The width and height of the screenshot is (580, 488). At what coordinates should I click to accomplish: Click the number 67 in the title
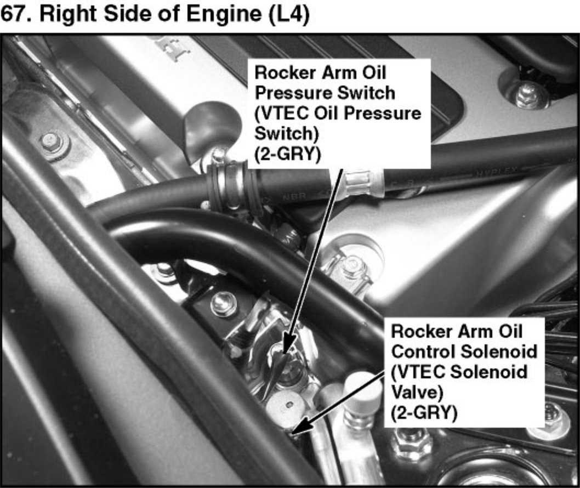tap(12, 14)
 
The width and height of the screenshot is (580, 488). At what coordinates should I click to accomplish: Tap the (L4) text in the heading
tap(290, 15)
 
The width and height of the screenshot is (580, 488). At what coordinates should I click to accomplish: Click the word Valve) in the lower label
tap(417, 392)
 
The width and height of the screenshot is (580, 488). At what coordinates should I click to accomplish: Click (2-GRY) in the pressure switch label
tap(287, 154)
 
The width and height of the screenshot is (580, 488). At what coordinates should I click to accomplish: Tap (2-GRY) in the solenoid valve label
tap(424, 412)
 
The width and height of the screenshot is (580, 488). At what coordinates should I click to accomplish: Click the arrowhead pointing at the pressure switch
tap(287, 346)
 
